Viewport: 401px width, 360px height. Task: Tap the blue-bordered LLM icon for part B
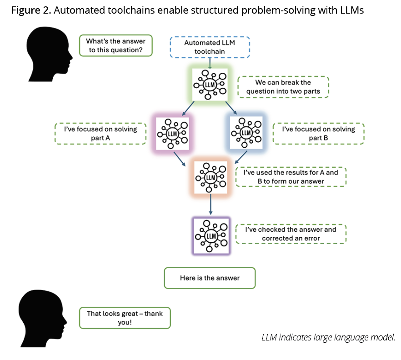click(246, 132)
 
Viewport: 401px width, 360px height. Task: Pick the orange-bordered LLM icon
click(211, 177)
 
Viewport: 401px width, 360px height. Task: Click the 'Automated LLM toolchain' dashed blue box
click(211, 47)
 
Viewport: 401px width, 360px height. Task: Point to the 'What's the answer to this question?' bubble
click(115, 45)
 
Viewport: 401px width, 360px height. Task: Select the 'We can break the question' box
click(283, 87)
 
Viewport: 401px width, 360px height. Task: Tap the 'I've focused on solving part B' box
click(318, 133)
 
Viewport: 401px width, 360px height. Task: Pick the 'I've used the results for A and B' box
click(291, 177)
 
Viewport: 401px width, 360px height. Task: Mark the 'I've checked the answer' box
click(291, 234)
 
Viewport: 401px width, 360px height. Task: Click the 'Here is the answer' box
click(210, 278)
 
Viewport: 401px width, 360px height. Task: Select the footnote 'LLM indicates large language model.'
click(328, 337)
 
